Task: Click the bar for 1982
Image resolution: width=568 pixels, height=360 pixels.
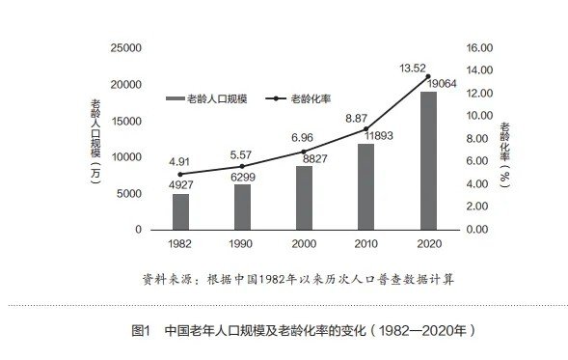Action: (180, 211)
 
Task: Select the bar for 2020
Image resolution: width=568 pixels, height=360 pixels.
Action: (428, 160)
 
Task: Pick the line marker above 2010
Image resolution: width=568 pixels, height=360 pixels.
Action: (366, 129)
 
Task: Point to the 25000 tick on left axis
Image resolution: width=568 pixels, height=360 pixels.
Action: (126, 47)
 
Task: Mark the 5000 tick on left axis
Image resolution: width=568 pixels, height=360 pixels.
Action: (130, 193)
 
